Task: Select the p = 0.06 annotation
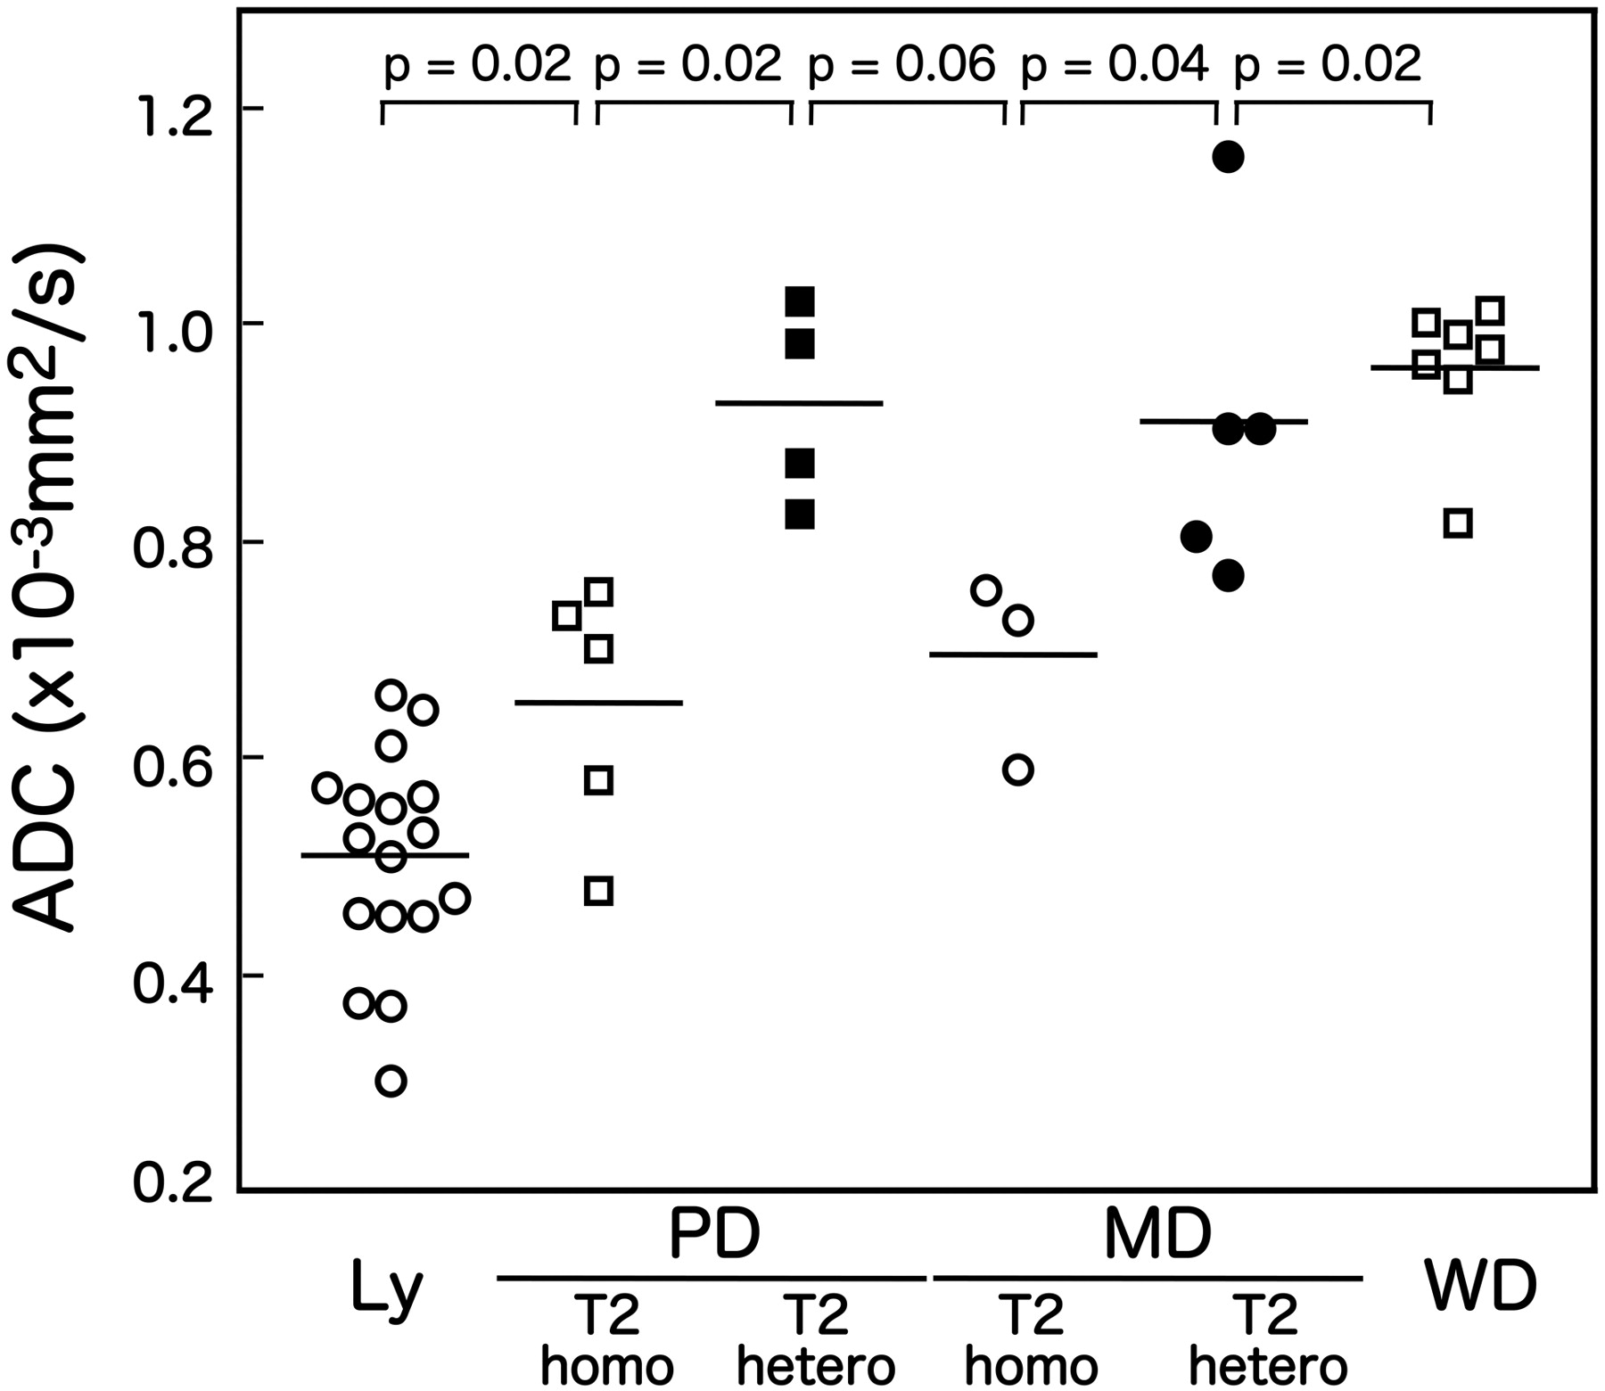coord(901,64)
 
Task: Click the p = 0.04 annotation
coord(1115,64)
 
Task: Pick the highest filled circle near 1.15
coord(1228,158)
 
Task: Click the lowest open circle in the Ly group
coord(391,1082)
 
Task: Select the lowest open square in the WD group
coord(1458,523)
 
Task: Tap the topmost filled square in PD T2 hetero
coord(800,302)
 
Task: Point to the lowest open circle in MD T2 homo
coord(1017,770)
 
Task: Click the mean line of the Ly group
coord(385,855)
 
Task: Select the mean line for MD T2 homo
coord(1014,654)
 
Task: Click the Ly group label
coord(387,1288)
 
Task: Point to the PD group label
coord(714,1234)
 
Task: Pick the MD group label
coord(1157,1234)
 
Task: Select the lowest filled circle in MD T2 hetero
coord(1228,576)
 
